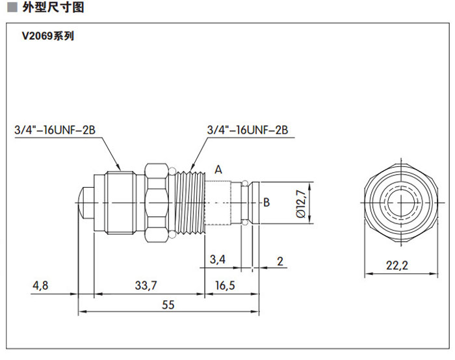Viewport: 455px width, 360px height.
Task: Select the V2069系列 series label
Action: [48, 36]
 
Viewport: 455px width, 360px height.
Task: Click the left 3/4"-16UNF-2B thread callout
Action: [55, 130]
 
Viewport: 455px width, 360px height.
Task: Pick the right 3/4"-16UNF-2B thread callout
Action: [247, 130]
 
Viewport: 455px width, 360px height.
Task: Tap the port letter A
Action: [219, 170]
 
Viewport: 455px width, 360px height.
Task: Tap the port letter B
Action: [266, 203]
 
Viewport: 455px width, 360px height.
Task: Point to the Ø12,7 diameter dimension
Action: [300, 203]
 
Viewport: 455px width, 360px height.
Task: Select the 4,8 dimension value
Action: [40, 285]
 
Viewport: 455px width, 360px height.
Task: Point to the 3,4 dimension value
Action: [218, 260]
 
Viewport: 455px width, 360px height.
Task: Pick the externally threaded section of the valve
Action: [190, 201]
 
